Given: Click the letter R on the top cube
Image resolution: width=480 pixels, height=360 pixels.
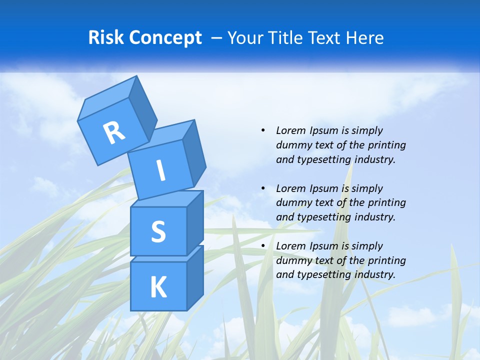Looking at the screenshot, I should [x=114, y=132].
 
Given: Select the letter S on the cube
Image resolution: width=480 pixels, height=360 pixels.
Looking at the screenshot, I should [x=158, y=231].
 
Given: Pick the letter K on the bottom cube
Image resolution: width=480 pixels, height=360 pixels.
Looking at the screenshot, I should [x=158, y=287].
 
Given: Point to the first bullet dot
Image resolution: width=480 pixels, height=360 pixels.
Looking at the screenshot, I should [x=263, y=130].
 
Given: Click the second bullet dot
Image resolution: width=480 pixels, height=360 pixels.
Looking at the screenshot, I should [x=263, y=188].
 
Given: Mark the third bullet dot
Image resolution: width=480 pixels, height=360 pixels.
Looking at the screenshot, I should [x=263, y=246].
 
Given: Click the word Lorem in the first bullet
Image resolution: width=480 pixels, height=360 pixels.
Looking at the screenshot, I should [x=290, y=130].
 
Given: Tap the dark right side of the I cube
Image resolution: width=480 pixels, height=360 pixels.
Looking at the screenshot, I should [x=193, y=152].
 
